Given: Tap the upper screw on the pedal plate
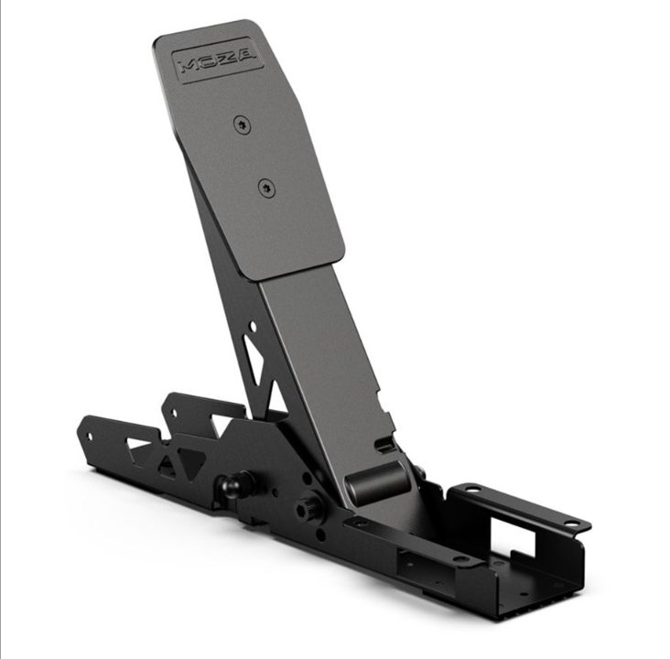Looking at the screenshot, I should point(242,124).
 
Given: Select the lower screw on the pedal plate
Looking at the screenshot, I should point(265,188).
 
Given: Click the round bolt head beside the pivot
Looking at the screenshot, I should point(307,502).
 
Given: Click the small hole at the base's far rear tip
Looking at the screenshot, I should point(89,436).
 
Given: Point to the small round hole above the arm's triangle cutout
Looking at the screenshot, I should point(254,326).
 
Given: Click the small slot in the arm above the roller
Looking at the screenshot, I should point(384,446).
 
